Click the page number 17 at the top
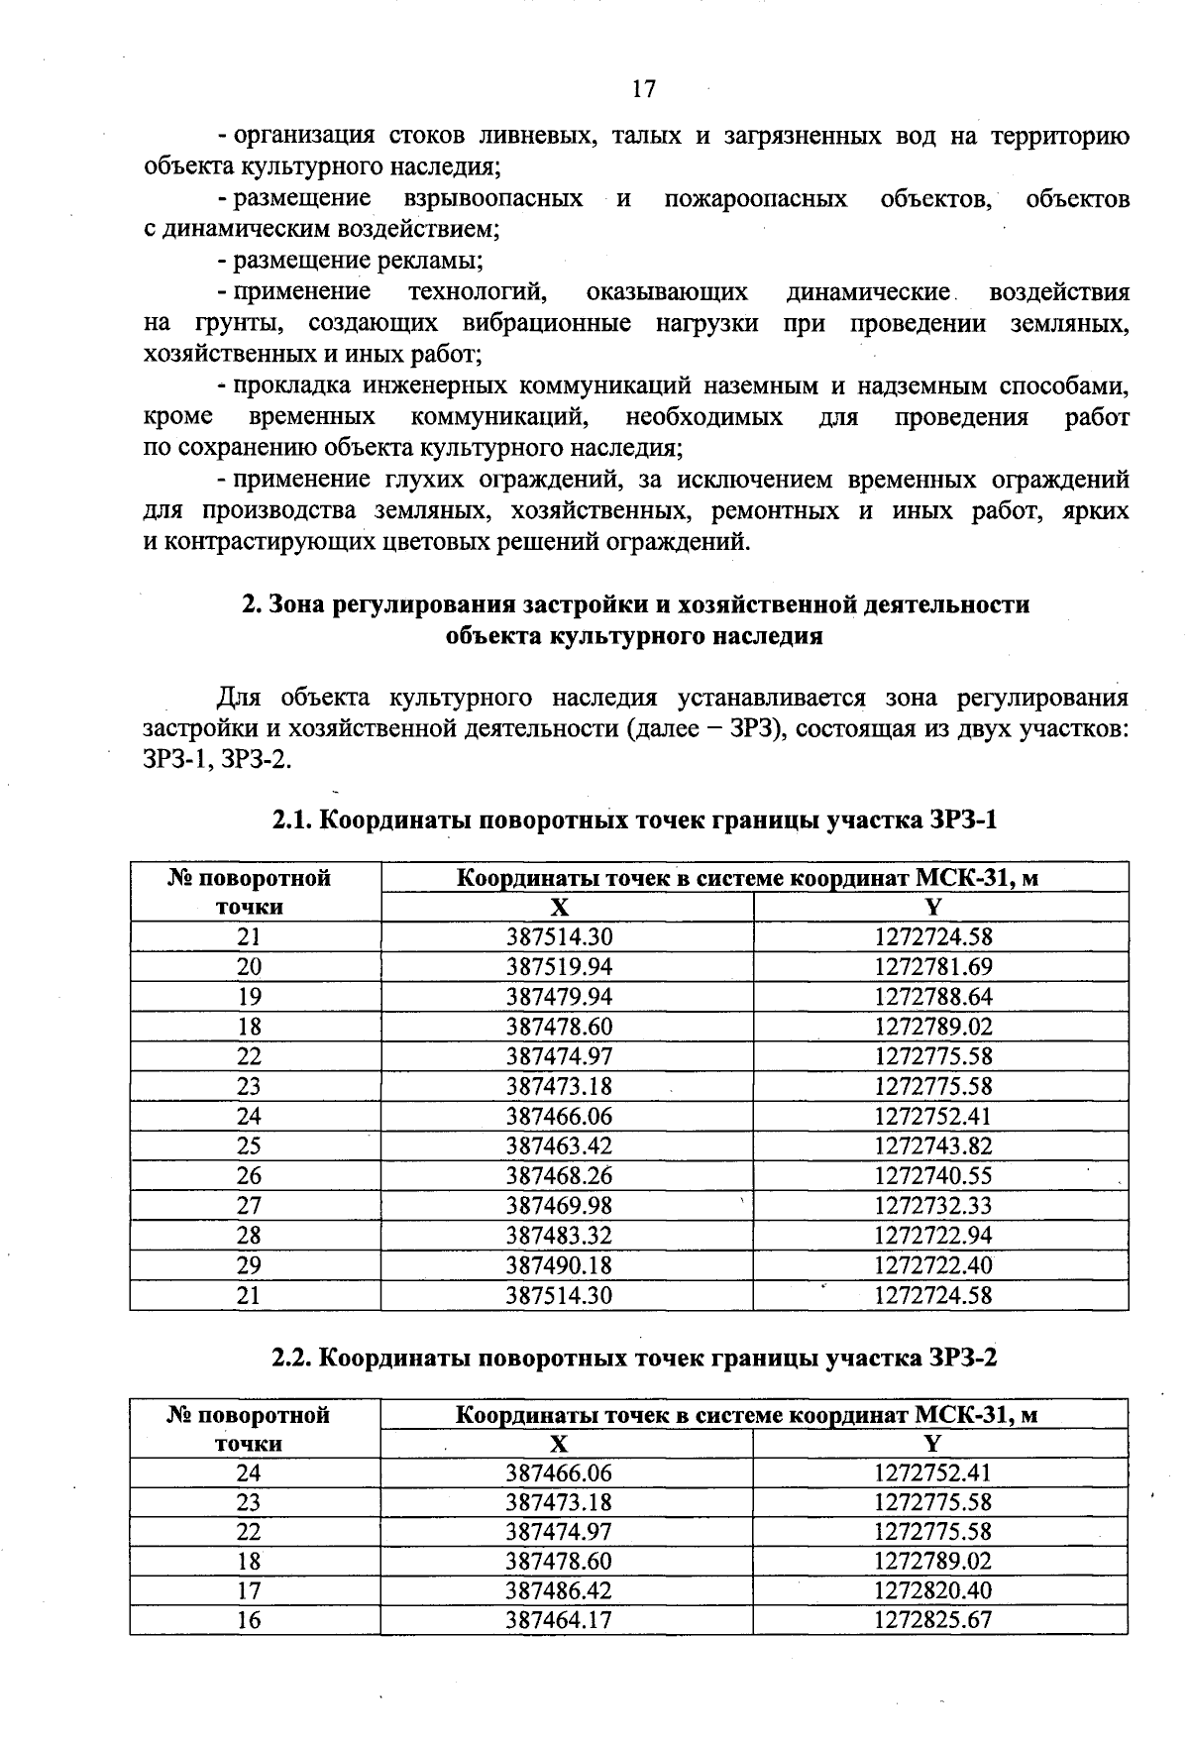pyautogui.click(x=643, y=89)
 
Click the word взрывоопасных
pyautogui.click(x=493, y=199)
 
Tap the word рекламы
pyautogui.click(x=432, y=262)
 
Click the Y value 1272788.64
pyautogui.click(x=933, y=996)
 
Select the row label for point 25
pyautogui.click(x=249, y=1145)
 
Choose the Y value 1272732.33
pyautogui.click(x=933, y=1206)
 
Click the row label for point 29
pyautogui.click(x=249, y=1265)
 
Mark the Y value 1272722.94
pyautogui.click(x=933, y=1236)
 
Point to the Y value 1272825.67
pyautogui.click(x=933, y=1620)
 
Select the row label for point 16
pyautogui.click(x=249, y=1620)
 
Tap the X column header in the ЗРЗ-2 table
pyautogui.click(x=560, y=1444)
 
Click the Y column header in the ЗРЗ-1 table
pyautogui.click(x=933, y=907)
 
